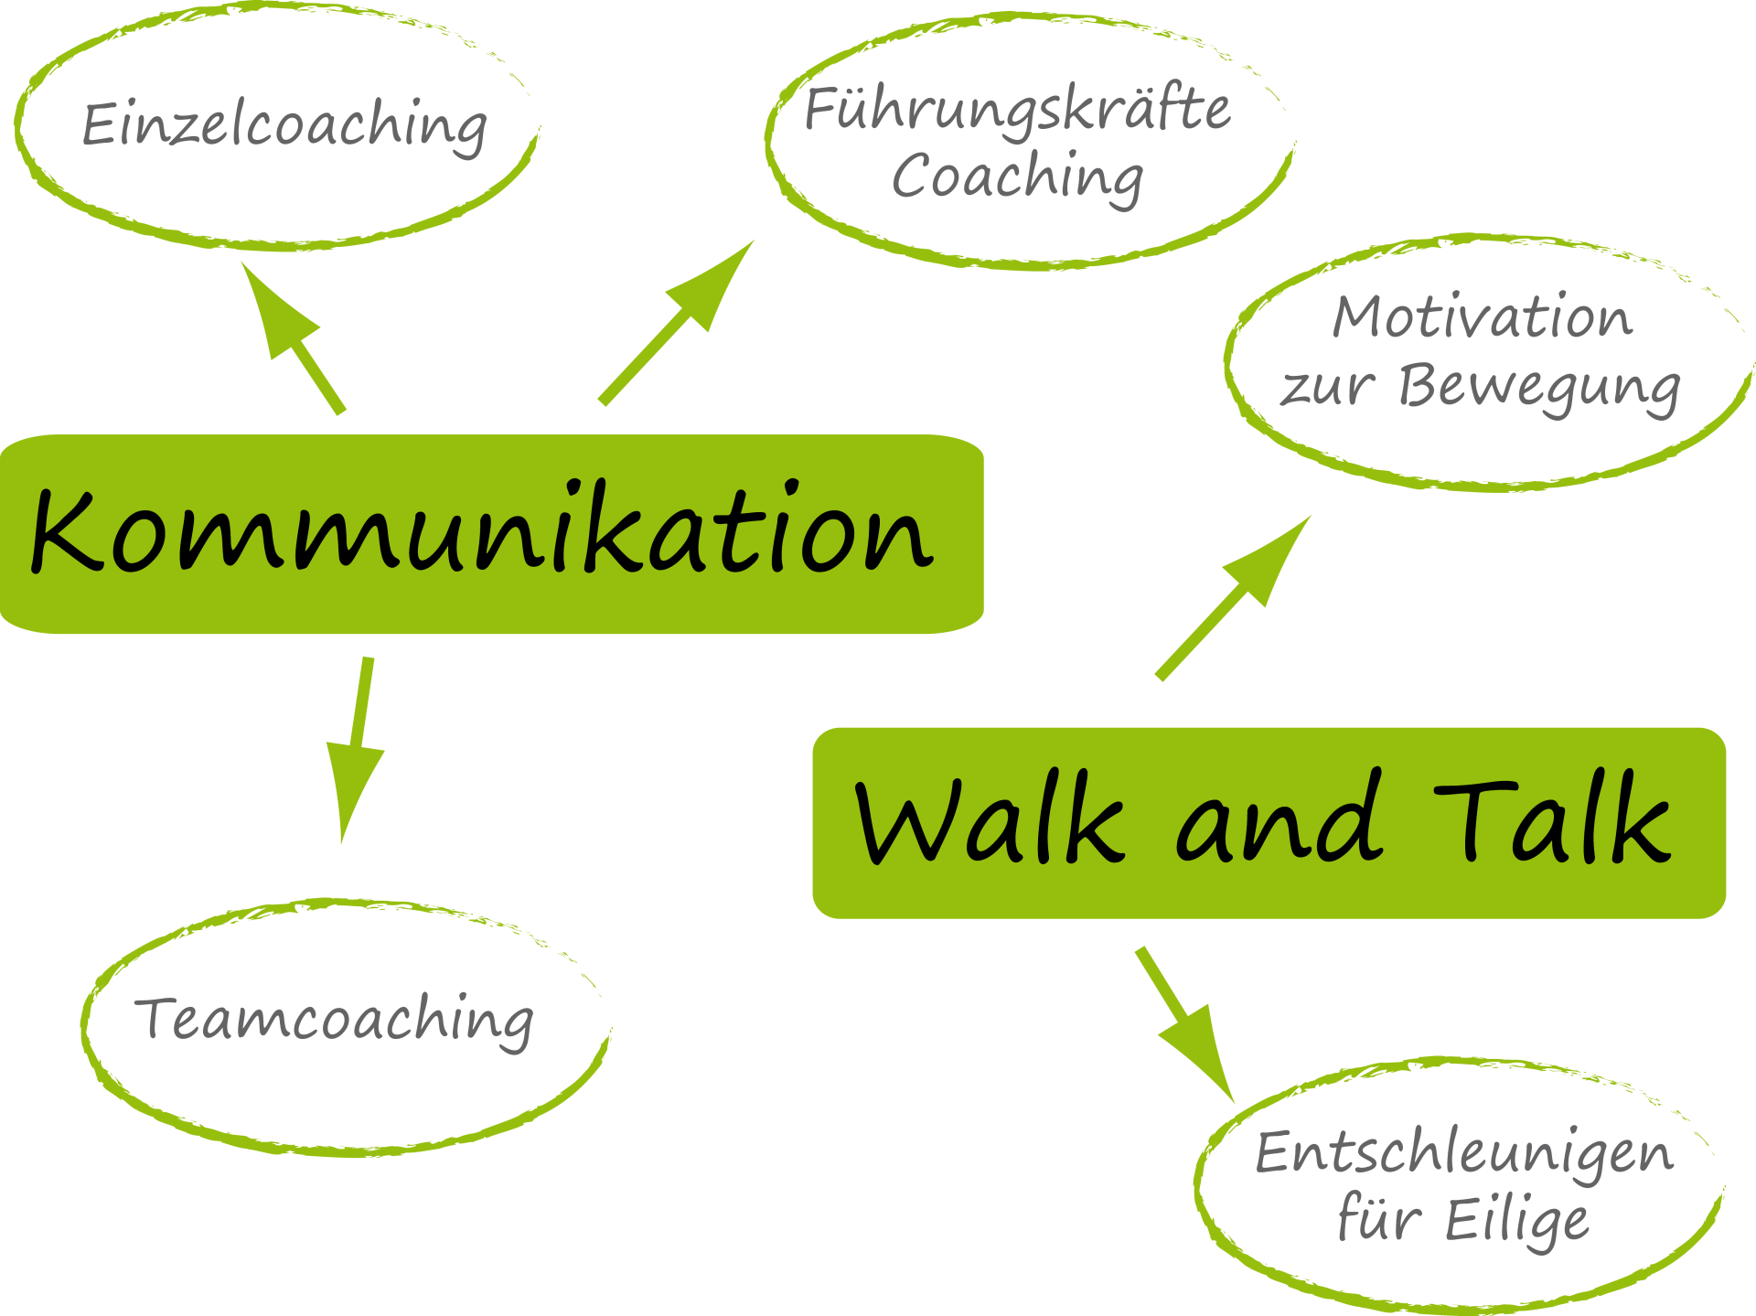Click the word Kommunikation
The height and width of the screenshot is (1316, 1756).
[482, 531]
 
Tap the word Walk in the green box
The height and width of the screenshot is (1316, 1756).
[989, 819]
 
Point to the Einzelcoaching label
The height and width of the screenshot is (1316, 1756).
[284, 125]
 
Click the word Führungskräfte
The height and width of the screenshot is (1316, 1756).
[1017, 110]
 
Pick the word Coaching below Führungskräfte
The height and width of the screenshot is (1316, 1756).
[1017, 177]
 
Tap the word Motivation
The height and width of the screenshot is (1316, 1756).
[1482, 318]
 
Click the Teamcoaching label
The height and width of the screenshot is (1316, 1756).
[336, 1020]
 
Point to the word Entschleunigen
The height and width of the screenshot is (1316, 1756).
[1463, 1152]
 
